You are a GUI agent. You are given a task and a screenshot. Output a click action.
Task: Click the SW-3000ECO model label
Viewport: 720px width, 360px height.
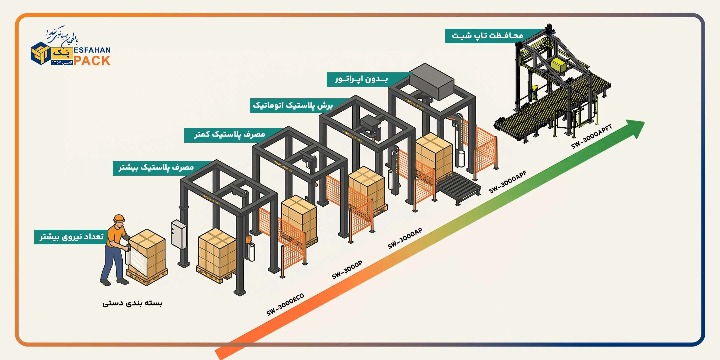tap(285, 304)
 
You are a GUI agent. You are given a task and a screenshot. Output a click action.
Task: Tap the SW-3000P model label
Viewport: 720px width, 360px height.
tap(347, 270)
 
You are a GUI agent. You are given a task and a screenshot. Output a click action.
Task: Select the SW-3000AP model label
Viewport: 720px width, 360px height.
tap(405, 238)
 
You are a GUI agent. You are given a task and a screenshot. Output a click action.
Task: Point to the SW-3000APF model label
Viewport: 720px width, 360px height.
tap(508, 182)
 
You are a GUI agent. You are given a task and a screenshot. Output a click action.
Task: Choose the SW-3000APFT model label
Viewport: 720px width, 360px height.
tap(591, 137)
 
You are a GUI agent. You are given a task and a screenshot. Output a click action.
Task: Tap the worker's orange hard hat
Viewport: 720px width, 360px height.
tap(119, 219)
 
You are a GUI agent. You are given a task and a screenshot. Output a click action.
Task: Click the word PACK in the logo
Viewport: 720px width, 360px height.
tap(92, 61)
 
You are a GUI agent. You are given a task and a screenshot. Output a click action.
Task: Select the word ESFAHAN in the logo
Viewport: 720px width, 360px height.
tap(92, 50)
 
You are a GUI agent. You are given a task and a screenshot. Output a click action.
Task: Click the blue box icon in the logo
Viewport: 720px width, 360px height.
tap(41, 53)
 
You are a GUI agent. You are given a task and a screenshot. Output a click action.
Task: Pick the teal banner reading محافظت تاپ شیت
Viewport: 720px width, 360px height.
tap(487, 36)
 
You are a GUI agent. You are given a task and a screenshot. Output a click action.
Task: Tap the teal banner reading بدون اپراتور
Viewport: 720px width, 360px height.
tap(361, 79)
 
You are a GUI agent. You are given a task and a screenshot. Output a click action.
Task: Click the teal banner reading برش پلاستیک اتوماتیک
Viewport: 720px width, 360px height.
tap(293, 105)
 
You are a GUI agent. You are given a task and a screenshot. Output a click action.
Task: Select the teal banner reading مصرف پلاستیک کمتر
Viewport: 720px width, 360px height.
tap(230, 135)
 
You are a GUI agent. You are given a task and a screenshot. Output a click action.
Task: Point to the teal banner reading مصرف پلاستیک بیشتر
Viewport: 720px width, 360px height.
tap(156, 168)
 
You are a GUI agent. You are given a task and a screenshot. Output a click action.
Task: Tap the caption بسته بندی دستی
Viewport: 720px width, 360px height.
tap(132, 303)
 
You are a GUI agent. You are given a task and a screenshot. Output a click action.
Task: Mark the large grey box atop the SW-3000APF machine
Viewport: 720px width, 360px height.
tap(432, 82)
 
